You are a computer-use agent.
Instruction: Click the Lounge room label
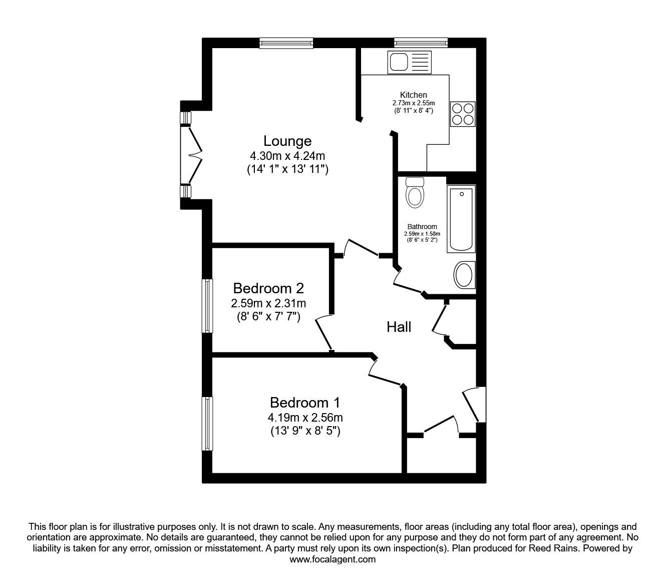click(287, 141)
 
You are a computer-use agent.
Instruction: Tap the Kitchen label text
click(414, 95)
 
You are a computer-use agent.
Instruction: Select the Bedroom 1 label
click(304, 403)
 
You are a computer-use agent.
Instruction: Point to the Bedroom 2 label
click(268, 288)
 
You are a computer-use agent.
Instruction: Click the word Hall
click(399, 327)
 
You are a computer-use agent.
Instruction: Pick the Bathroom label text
click(422, 227)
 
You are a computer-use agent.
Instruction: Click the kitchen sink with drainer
click(410, 62)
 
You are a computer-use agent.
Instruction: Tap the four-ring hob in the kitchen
click(463, 114)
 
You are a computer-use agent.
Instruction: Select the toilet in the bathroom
click(415, 193)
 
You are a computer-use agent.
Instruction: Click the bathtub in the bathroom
click(461, 219)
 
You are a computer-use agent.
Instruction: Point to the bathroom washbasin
click(465, 275)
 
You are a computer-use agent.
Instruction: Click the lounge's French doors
click(191, 155)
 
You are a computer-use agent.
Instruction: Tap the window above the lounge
click(286, 43)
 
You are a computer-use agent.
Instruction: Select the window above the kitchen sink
click(421, 43)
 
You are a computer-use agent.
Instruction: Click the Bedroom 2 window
click(207, 306)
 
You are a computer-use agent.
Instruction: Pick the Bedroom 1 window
click(207, 423)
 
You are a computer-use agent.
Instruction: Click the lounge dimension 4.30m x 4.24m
click(287, 156)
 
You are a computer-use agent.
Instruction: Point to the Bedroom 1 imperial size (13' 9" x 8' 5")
click(305, 431)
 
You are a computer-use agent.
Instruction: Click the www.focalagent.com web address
click(332, 559)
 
